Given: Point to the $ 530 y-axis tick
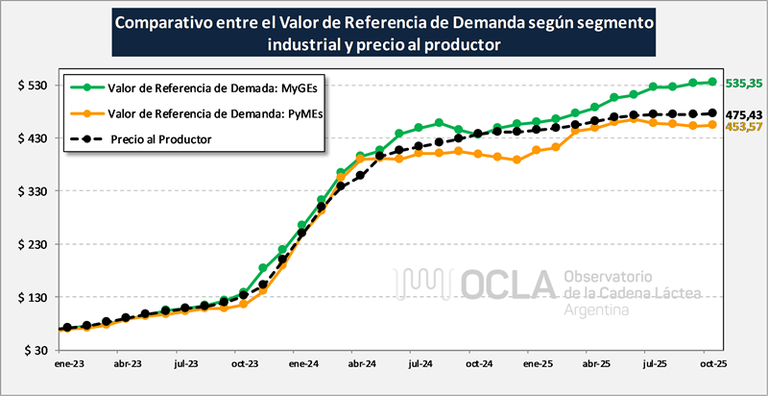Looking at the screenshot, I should (34, 86).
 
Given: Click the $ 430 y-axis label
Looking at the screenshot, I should (34, 138).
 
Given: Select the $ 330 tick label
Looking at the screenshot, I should (34, 191).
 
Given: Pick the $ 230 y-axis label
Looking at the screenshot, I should (34, 244).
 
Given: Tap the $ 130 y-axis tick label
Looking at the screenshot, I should (34, 297).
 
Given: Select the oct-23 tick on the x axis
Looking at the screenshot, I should (244, 365).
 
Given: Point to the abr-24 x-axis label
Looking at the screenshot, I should (362, 365).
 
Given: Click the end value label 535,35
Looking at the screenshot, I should (744, 84).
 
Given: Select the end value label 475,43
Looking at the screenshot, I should (744, 113).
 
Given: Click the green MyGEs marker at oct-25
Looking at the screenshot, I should (712, 83).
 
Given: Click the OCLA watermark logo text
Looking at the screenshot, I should (510, 283).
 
